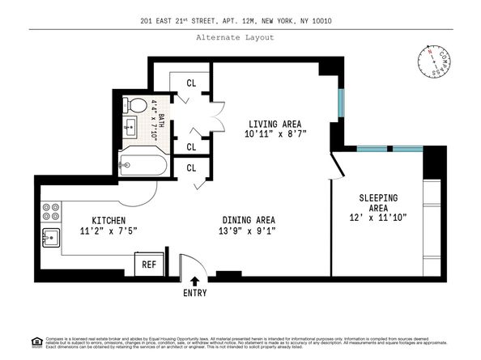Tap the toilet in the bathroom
(x=137, y=106)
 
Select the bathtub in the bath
(x=143, y=167)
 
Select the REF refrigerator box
(x=149, y=264)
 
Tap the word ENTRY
(x=194, y=293)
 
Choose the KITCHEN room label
(x=108, y=219)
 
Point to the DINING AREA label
(x=248, y=220)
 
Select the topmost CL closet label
(x=192, y=83)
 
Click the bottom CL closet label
(x=192, y=168)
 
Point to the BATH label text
(x=160, y=122)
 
